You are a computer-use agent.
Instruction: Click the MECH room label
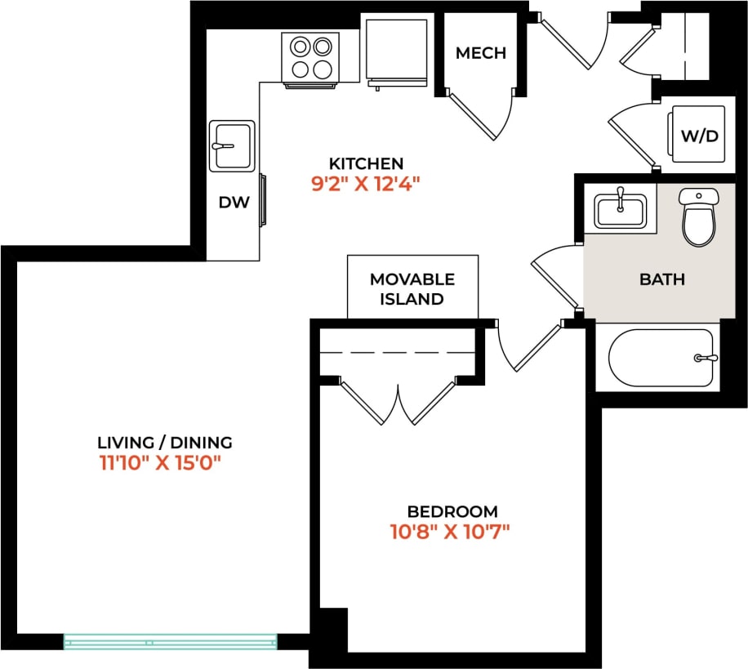point(480,53)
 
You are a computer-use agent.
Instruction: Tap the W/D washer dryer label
point(699,136)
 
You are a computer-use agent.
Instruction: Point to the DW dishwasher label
point(233,203)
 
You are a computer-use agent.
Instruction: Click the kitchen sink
point(232,146)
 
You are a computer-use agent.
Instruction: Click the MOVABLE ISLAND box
point(412,288)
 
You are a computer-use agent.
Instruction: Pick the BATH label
point(661,279)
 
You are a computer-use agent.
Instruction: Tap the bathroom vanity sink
point(620,211)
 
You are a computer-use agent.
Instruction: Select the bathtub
point(661,358)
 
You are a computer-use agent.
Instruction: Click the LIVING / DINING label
point(165,443)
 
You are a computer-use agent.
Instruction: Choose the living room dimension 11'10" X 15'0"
point(160,464)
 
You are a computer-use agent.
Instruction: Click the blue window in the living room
point(171,641)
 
